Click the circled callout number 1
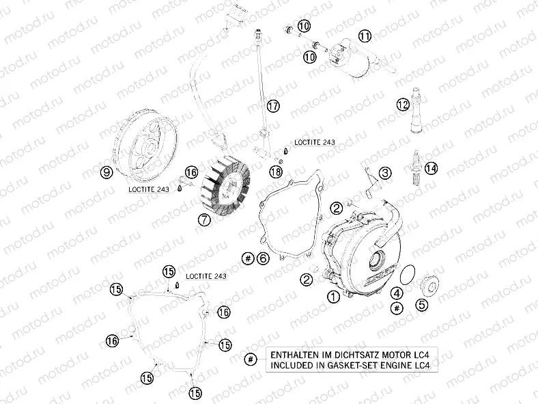pos(333,297)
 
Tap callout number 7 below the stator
pos(203,219)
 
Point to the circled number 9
pos(106,173)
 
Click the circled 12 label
pos(403,104)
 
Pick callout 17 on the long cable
pos(273,106)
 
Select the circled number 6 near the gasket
pos(263,258)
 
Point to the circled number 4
pos(397,293)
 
